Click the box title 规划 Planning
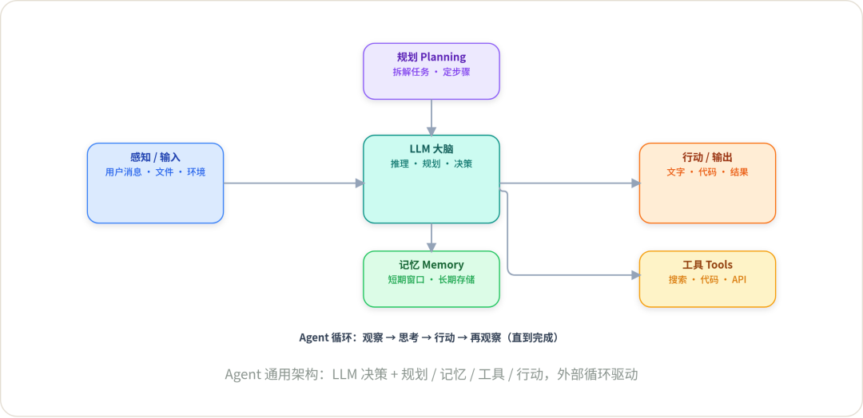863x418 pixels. point(431,57)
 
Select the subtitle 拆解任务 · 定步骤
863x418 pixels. point(431,72)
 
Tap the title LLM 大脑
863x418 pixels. point(431,149)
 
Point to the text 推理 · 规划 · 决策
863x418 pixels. point(431,164)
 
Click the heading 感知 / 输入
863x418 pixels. point(155,158)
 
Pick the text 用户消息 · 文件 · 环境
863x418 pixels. point(155,172)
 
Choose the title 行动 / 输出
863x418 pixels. point(708,158)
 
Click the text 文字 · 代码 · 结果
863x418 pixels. point(708,172)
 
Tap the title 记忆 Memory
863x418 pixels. point(431,266)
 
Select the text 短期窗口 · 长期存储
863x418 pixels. point(431,279)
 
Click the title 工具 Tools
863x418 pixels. point(708,266)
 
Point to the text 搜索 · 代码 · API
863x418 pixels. point(708,279)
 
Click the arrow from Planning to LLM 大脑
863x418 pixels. point(431,117)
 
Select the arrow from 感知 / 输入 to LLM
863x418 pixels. point(294,183)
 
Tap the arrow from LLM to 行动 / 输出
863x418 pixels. point(571,183)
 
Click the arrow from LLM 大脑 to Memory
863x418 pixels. point(431,238)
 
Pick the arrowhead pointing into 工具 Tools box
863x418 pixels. point(637,274)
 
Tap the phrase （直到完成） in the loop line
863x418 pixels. point(533,337)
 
